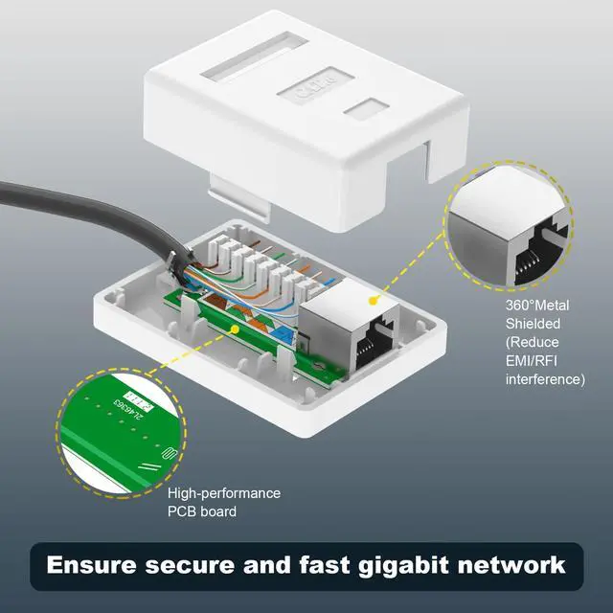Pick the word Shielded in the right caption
[x=533, y=324]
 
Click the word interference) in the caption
[x=545, y=379]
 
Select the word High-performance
[x=224, y=493]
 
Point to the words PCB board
[x=202, y=511]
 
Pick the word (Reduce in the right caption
[x=533, y=343]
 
